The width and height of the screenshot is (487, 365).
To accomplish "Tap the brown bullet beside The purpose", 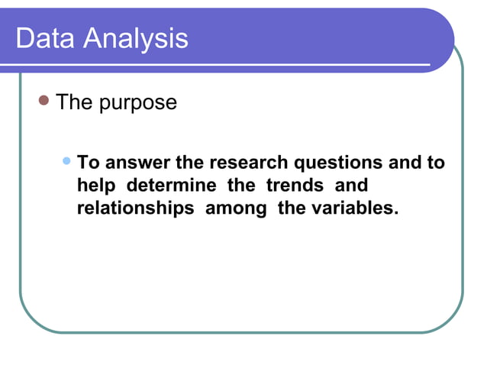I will click(x=44, y=100).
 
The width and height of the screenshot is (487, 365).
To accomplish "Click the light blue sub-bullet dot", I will click(x=68, y=161).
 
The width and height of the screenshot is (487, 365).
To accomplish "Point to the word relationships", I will click(x=135, y=208).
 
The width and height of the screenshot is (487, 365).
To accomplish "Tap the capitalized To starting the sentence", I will click(x=89, y=163).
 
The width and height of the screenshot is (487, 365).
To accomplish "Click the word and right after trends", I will click(x=351, y=186).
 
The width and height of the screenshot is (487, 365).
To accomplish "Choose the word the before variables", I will click(x=292, y=208).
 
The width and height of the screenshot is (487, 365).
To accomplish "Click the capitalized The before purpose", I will click(x=74, y=102).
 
